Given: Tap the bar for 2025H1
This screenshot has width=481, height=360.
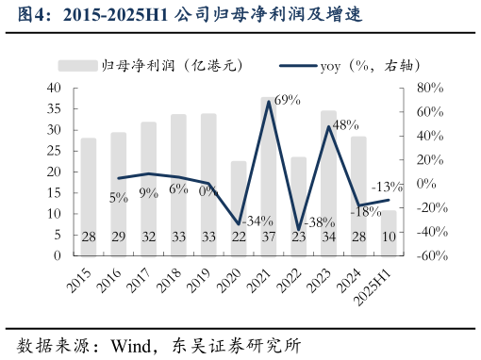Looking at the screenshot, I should point(389,233).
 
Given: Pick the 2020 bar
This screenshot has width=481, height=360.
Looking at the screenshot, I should point(239,207).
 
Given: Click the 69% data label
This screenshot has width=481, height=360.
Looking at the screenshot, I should point(287,101).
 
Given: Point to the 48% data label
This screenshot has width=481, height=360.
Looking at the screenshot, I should point(345,124).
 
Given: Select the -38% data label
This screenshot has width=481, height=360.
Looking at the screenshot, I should point(320,222).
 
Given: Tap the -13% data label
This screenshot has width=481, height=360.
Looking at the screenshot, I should point(388,187).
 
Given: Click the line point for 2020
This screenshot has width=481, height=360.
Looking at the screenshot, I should point(239,223).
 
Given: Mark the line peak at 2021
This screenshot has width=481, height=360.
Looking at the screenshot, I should point(269,101).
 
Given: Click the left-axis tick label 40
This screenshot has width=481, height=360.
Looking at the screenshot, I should point(54,88).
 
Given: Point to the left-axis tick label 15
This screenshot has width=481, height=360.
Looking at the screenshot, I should point(54,192).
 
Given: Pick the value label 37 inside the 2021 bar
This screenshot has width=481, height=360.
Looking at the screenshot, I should point(269,237).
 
